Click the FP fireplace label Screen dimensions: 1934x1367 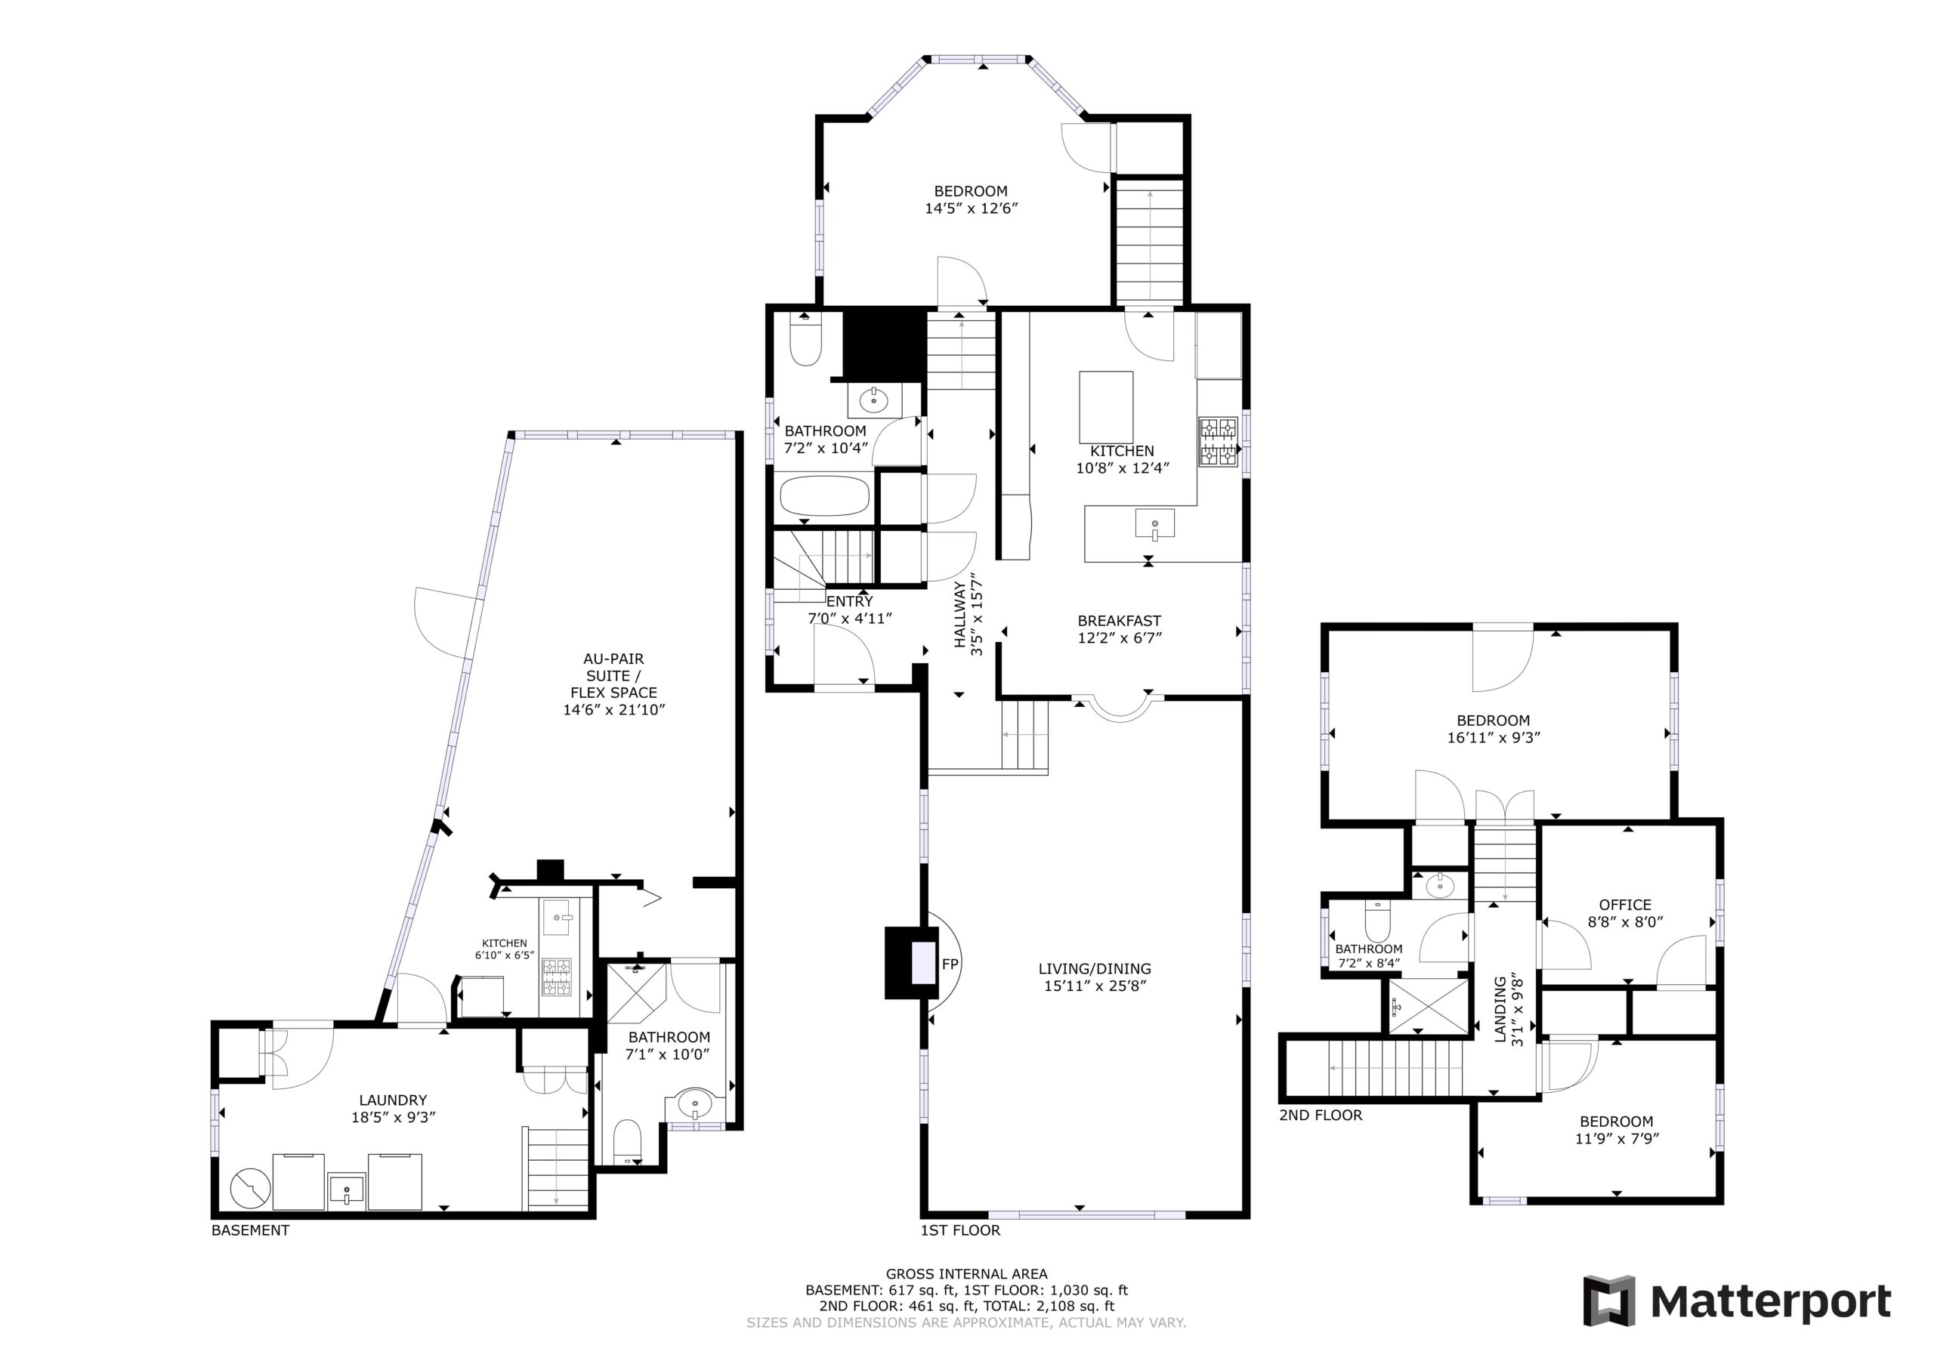[950, 964]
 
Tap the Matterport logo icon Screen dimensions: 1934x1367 [1609, 1301]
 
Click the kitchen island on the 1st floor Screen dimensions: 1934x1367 [1106, 407]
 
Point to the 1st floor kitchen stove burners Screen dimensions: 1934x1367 [1218, 442]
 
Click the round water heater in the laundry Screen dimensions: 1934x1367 [250, 1187]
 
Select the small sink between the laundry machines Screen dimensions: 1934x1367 [346, 1190]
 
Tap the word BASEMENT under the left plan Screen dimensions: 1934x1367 [250, 1230]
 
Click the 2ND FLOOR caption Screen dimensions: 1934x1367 [1320, 1116]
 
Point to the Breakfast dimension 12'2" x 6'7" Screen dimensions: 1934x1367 [1120, 637]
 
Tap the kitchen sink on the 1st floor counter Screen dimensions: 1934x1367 [1154, 524]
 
